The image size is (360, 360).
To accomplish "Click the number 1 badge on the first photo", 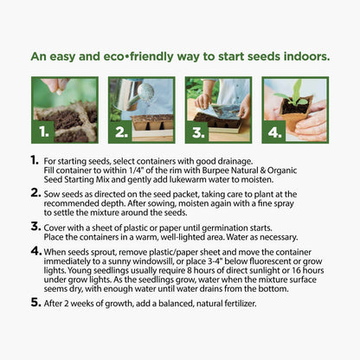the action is [x=44, y=132].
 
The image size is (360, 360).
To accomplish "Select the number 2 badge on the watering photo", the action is [x=121, y=132].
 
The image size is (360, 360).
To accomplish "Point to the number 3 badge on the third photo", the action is [x=198, y=132].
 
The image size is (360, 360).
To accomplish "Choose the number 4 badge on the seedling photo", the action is [x=274, y=132].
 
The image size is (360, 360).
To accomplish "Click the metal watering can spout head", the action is [x=146, y=92].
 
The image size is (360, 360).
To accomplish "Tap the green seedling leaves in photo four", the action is [x=292, y=93].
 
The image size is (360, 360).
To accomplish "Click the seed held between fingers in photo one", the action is [x=59, y=93].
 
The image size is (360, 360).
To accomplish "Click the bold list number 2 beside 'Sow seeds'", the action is [x=35, y=193].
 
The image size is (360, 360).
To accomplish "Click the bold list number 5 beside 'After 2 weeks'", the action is [x=35, y=302].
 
